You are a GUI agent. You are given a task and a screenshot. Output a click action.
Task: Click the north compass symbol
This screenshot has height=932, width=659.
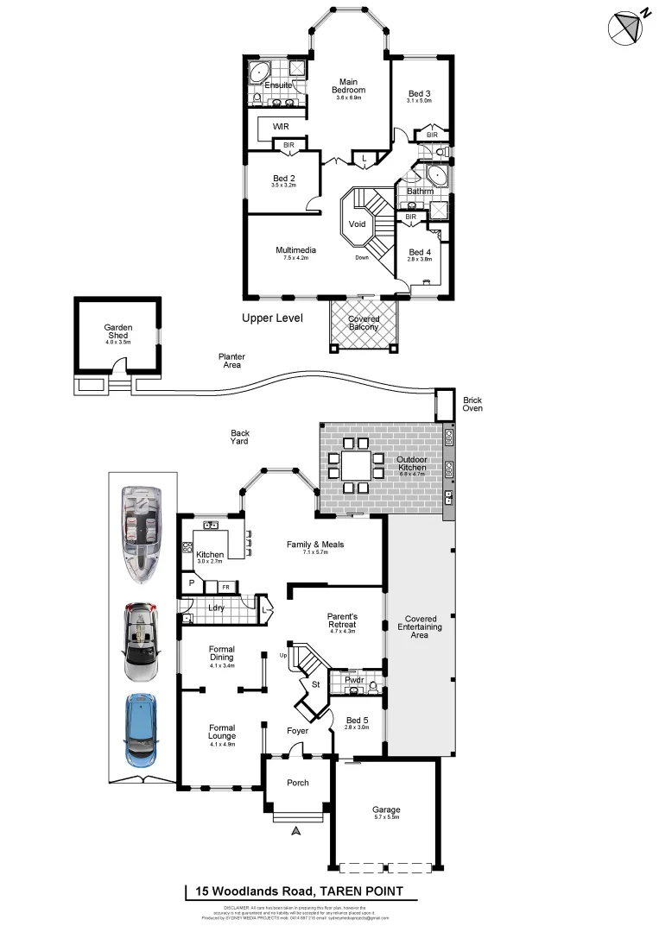625,27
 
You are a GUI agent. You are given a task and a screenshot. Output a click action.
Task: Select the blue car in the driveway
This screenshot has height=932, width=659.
142,729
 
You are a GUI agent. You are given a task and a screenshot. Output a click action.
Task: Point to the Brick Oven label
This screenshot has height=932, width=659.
472,404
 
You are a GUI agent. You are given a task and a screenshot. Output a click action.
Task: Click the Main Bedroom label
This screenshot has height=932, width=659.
349,86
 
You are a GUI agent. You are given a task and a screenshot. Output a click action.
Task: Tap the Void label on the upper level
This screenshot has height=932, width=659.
357,224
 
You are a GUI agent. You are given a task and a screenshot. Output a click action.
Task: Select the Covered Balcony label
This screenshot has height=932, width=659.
364,323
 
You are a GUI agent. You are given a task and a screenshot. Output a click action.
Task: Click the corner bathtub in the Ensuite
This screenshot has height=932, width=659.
259,72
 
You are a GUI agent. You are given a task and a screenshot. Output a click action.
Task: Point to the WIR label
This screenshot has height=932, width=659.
281,126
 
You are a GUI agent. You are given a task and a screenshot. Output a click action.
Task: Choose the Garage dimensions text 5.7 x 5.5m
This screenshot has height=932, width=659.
386,818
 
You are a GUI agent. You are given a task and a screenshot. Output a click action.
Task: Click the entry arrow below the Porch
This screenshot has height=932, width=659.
296,831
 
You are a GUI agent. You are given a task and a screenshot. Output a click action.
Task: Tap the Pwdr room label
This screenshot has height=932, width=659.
354,680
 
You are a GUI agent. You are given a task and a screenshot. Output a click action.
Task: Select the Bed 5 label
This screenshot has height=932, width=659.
358,720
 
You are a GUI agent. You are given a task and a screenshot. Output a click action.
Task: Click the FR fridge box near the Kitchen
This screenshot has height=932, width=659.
225,587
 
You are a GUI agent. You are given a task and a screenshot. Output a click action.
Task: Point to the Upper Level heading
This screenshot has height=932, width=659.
272,318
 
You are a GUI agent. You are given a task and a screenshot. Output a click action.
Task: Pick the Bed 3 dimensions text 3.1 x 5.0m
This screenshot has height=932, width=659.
420,101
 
